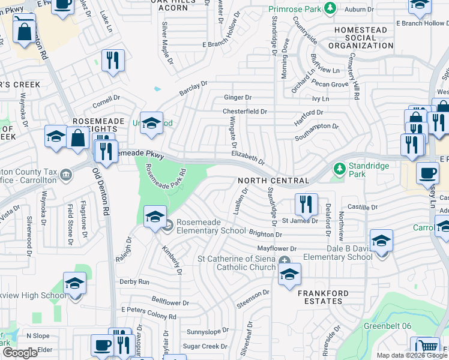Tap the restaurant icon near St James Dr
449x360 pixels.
pyautogui.click(x=306, y=205)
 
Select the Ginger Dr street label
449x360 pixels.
pyautogui.click(x=237, y=97)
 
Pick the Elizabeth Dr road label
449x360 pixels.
pyautogui.click(x=248, y=157)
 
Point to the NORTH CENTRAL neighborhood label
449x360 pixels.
pyautogui.click(x=273, y=181)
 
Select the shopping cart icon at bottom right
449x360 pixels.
pyautogui.click(x=427, y=347)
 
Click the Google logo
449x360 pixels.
pyautogui.click(x=20, y=353)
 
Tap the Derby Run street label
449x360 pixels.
pyautogui.click(x=134, y=281)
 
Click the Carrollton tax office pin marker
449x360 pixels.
pyautogui.click(x=66, y=176)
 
